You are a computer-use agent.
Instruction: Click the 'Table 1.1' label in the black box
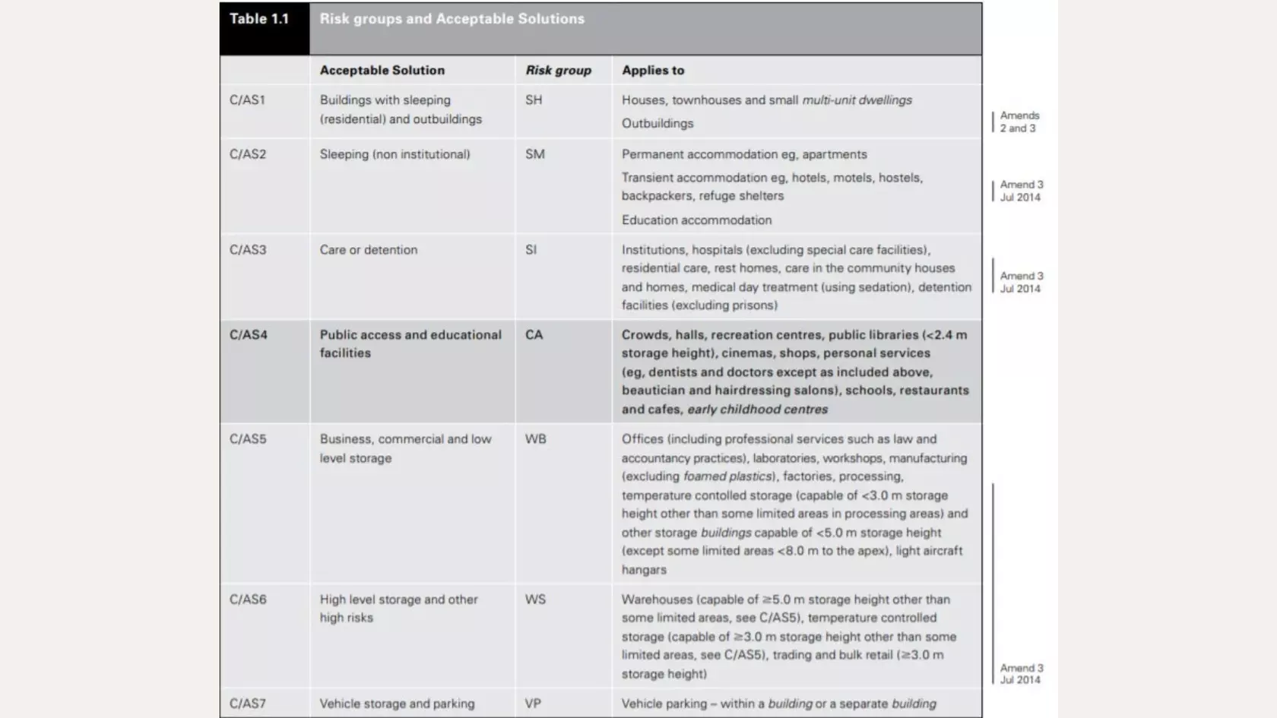pyautogui.click(x=259, y=19)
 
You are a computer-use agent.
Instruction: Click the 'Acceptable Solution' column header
pyautogui.click(x=382, y=70)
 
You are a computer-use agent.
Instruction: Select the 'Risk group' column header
pyautogui.click(x=558, y=70)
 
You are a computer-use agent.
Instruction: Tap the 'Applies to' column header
pyautogui.click(x=653, y=70)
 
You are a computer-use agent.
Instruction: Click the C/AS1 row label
pyautogui.click(x=247, y=100)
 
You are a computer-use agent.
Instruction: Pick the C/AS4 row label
pyautogui.click(x=248, y=334)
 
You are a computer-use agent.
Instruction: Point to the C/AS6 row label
pyautogui.click(x=248, y=599)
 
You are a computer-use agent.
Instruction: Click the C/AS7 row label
pyautogui.click(x=248, y=704)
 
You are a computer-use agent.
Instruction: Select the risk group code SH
pyautogui.click(x=534, y=100)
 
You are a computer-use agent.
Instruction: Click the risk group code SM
pyautogui.click(x=534, y=154)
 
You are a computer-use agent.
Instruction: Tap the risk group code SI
pyautogui.click(x=531, y=250)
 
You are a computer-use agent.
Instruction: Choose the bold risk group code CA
pyautogui.click(x=534, y=334)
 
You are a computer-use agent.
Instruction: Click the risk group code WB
pyautogui.click(x=535, y=439)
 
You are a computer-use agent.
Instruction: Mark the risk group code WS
pyautogui.click(x=535, y=599)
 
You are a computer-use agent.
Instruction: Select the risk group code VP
pyautogui.click(x=533, y=704)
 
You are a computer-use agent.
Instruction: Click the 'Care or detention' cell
pyautogui.click(x=368, y=250)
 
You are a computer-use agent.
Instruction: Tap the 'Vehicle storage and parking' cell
pyautogui.click(x=397, y=704)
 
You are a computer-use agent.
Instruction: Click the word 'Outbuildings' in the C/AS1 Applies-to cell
pyautogui.click(x=658, y=123)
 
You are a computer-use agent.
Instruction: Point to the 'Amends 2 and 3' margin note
pyautogui.click(x=1019, y=122)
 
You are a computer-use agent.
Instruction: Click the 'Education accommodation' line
pyautogui.click(x=696, y=220)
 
